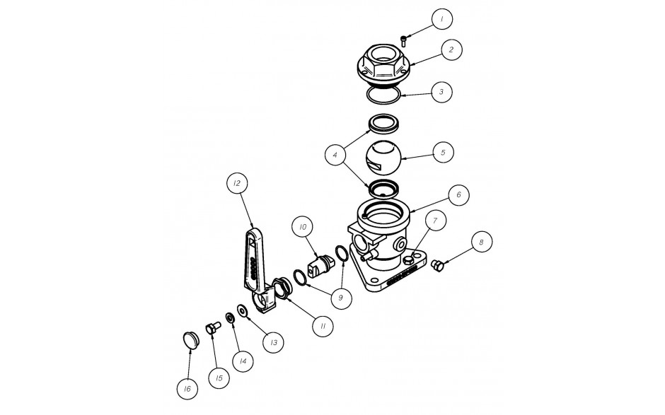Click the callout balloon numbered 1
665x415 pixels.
pos(442,18)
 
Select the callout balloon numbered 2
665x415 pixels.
pos(451,49)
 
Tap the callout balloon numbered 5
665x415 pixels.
pos(443,152)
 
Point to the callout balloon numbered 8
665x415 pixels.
pos(481,242)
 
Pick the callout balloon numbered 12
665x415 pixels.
pos(237,183)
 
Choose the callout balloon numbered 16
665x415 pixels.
pos(187,389)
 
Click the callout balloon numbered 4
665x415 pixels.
pos(335,155)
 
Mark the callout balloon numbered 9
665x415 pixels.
pos(341,298)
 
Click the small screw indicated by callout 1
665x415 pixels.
pos(403,41)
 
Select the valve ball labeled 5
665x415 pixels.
pos(383,158)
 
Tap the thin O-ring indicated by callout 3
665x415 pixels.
pos(383,95)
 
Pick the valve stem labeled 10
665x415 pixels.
pos(322,267)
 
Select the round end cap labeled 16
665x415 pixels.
pos(190,339)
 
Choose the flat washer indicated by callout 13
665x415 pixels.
pos(243,310)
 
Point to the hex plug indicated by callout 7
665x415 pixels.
pos(408,259)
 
